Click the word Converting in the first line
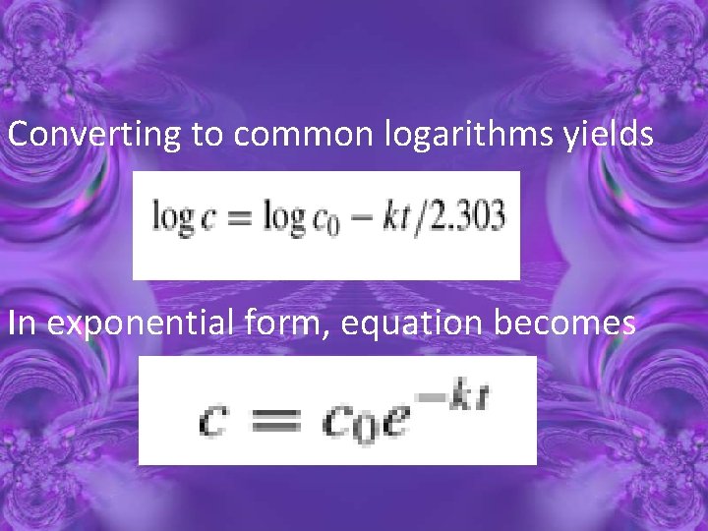94,135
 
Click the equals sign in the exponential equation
277,420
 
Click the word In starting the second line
24,323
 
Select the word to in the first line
207,136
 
